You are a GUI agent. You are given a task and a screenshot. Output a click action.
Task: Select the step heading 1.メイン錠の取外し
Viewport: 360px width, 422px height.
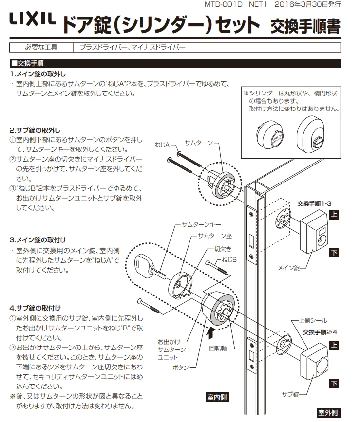pyautogui.click(x=38, y=74)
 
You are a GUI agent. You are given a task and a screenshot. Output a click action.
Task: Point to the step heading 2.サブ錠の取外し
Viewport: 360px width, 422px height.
pyautogui.click(x=35, y=130)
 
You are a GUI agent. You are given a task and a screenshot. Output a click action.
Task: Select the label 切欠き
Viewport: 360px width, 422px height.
pyautogui.click(x=222, y=249)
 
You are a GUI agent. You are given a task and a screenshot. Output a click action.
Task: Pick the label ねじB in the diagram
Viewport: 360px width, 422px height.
pyautogui.click(x=229, y=259)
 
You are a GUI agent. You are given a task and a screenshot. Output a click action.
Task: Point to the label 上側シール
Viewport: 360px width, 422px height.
pyautogui.click(x=312, y=321)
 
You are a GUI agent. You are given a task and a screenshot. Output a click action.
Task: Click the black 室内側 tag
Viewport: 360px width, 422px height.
pyautogui.click(x=213, y=397)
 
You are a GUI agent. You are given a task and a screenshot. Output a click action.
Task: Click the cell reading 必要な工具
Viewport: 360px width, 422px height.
pyautogui.click(x=41, y=48)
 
